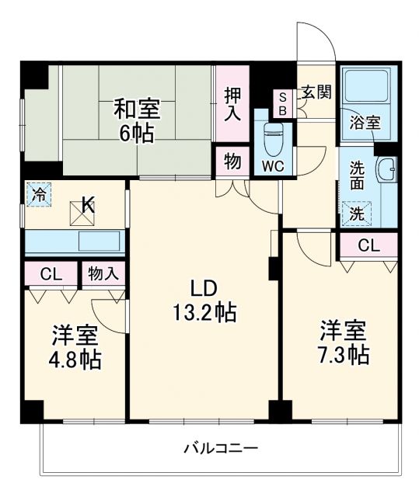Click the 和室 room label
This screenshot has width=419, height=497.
(x=134, y=107)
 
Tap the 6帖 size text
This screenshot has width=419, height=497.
(x=134, y=132)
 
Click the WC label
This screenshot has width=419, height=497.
(x=273, y=165)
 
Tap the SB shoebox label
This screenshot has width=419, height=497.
(x=282, y=104)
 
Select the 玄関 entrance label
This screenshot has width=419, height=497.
(x=316, y=92)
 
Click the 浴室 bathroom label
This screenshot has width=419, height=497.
(x=365, y=122)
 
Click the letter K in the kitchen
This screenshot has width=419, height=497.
(x=88, y=206)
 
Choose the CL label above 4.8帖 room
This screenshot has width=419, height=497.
(x=51, y=273)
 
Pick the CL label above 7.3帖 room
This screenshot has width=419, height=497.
(x=369, y=246)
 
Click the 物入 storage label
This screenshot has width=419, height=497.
(x=103, y=273)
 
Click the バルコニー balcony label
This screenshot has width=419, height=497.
(x=221, y=449)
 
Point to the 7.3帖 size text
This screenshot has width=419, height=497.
(x=342, y=355)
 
